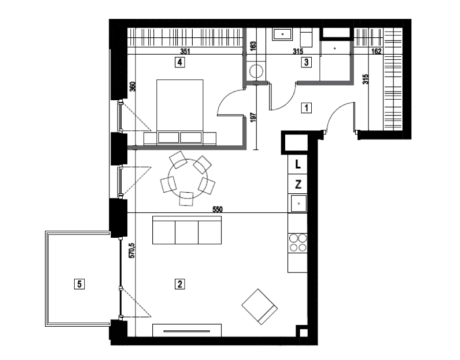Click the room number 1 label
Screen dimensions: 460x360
pyautogui.click(x=306, y=108)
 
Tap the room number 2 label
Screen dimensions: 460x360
pyautogui.click(x=180, y=284)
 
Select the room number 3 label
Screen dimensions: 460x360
pyautogui.click(x=306, y=62)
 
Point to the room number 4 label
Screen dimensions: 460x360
pyautogui.click(x=180, y=62)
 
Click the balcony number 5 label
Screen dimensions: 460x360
pyautogui.click(x=79, y=284)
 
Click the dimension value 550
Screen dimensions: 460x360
pyautogui.click(x=217, y=209)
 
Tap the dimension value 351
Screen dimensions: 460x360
pyautogui.click(x=185, y=52)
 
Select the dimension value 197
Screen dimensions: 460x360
pyautogui.click(x=254, y=117)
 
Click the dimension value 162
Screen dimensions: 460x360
pyautogui.click(x=376, y=52)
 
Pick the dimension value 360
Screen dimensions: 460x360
pyautogui.click(x=132, y=86)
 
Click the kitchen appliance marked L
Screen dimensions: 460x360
pyautogui.click(x=298, y=165)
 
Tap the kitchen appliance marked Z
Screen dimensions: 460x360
pyautogui.click(x=298, y=185)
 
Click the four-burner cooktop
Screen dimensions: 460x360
pyautogui.click(x=298, y=242)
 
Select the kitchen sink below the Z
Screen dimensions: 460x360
pyautogui.click(x=298, y=204)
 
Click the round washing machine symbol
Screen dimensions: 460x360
pyautogui.click(x=257, y=71)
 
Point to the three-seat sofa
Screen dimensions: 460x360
pyautogui.click(x=187, y=230)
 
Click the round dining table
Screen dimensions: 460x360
pyautogui.click(x=188, y=179)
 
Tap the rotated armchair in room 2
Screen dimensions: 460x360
pyautogui.click(x=260, y=307)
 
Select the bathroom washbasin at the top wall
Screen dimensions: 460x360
pyautogui.click(x=283, y=35)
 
